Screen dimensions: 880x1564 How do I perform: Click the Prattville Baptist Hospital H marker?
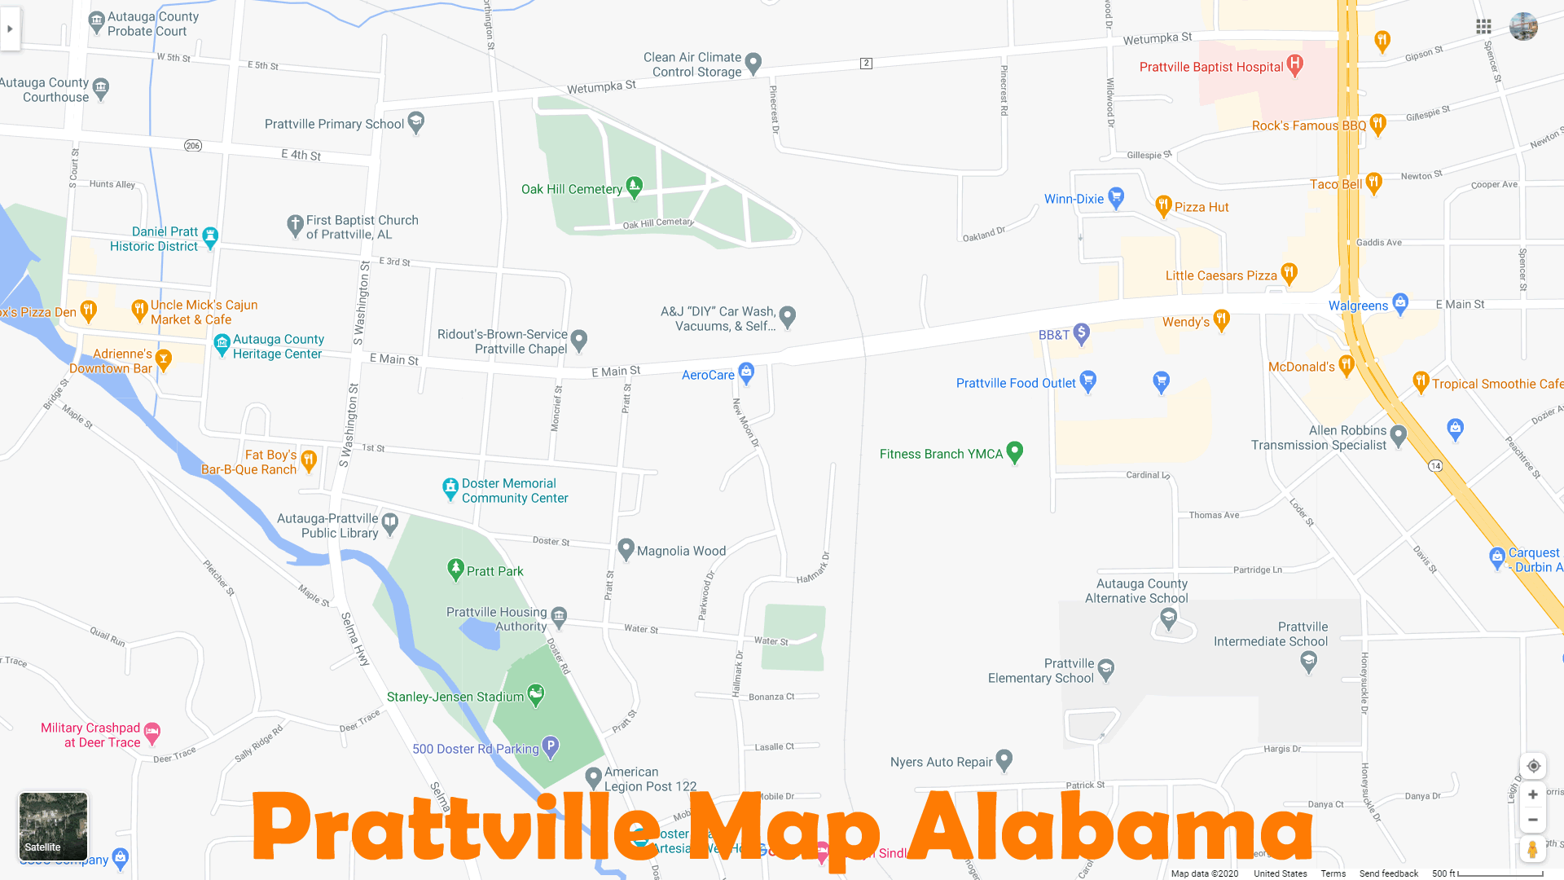coord(1294,64)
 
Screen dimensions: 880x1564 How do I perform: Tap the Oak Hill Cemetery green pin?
coord(634,187)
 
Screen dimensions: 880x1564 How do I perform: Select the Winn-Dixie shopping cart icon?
coord(1116,197)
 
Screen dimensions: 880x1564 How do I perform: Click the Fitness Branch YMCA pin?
coord(1014,451)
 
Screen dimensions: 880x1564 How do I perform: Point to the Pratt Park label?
coord(494,571)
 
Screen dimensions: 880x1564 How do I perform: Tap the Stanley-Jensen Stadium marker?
coord(535,694)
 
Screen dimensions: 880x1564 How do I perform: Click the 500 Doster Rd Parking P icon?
coord(551,746)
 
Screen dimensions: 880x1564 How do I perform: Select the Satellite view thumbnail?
coord(53,826)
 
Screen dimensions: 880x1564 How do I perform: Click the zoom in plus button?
coord(1532,794)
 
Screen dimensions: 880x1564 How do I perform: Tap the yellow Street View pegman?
coord(1532,849)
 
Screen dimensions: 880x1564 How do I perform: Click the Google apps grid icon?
coord(1483,27)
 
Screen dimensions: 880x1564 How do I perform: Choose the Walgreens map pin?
coord(1399,303)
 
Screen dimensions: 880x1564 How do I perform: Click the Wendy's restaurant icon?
coord(1221,319)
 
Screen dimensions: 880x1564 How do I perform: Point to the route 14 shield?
coord(1435,466)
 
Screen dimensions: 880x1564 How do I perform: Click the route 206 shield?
coord(192,146)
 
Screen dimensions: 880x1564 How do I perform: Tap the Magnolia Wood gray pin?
coord(626,548)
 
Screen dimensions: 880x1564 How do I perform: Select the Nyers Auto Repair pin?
coord(1004,759)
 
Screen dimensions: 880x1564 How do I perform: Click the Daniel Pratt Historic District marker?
coord(210,236)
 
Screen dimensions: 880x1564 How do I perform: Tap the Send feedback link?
coord(1388,873)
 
